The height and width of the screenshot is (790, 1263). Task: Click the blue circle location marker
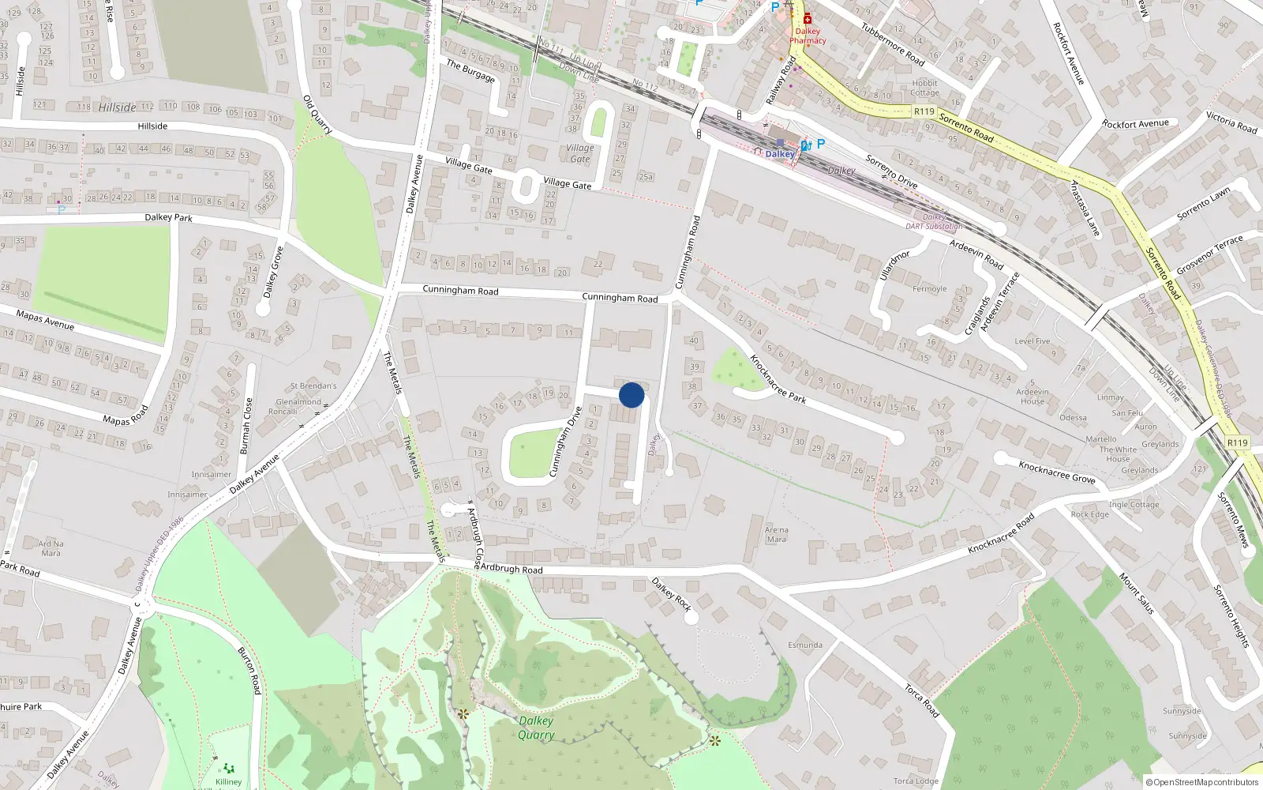[x=631, y=395]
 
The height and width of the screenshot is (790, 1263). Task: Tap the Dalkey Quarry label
[x=536, y=728]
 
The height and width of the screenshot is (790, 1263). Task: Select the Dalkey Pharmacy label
[x=808, y=36]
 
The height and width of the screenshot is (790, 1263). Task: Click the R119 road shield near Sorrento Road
[x=924, y=111]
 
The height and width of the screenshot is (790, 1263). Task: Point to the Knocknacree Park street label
[x=778, y=379]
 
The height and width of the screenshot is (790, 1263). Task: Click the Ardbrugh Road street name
[x=512, y=569]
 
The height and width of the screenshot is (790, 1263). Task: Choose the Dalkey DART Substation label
[x=934, y=222]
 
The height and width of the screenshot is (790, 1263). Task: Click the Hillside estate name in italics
[x=117, y=107]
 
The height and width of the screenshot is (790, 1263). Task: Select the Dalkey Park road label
[x=168, y=217]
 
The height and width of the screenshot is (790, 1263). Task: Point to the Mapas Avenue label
[x=45, y=320]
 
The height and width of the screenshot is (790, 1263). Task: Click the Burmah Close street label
[x=245, y=426]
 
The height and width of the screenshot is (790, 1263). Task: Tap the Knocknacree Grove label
[x=1056, y=472]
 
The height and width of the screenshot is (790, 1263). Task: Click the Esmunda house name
[x=804, y=645]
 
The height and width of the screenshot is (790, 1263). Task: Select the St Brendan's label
[x=313, y=386]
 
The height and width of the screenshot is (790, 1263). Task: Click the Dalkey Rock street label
[x=671, y=594]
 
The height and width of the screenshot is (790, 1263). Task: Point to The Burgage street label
[x=470, y=71]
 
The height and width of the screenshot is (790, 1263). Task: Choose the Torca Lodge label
[x=916, y=781]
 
